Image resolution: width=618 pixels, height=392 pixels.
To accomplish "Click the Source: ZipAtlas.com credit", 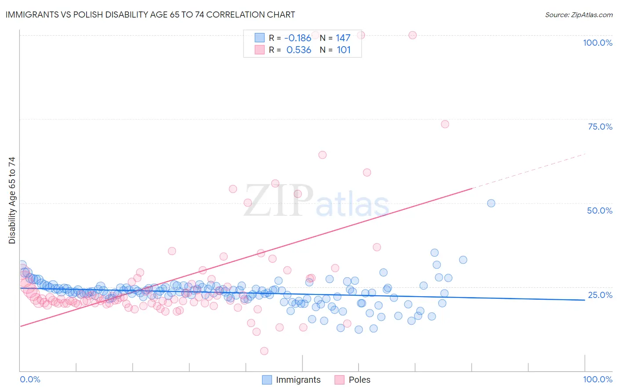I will coord(578,15).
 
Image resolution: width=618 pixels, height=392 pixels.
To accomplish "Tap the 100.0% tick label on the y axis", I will coord(597,43).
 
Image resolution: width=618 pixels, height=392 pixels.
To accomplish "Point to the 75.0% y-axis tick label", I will coord(600,127).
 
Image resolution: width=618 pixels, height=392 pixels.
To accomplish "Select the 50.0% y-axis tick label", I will coord(600,211).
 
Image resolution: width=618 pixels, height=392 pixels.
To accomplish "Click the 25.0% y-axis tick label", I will coord(600,295).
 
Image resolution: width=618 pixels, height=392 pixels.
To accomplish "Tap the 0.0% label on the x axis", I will coord(30,379).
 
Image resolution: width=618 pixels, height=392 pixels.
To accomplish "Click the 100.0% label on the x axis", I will coord(597,379).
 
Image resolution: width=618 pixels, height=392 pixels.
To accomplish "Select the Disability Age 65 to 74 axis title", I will coord(12,200).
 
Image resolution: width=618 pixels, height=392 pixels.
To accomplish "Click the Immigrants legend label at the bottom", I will coord(298,380).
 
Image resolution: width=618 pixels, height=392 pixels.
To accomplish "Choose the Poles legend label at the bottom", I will coord(359,380).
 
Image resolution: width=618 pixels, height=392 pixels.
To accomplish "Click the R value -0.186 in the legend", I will coord(298,38).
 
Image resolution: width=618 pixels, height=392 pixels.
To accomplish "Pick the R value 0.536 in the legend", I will coord(298,50).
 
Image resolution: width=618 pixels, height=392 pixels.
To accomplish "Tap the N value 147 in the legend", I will coord(343,38).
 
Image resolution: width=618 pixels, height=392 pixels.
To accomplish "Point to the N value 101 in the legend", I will coord(343,50).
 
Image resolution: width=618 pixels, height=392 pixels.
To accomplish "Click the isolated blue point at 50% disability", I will coord(491,203).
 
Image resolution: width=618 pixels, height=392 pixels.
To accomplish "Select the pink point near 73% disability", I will coord(445,124).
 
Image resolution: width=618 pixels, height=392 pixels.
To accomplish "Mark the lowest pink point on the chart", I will coord(264,351).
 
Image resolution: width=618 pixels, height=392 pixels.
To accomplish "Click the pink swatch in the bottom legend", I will coord(339,380).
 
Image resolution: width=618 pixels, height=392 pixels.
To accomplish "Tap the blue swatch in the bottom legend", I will coord(266,380).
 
